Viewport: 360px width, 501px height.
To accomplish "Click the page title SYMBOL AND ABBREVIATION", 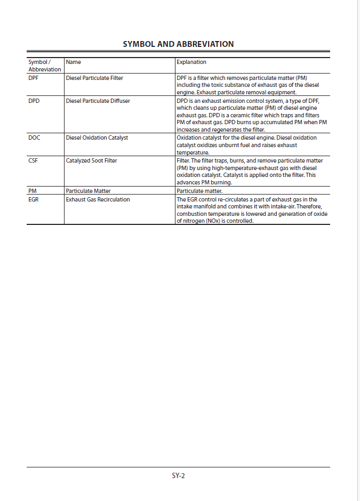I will point(178,44).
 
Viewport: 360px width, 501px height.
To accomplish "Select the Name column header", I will point(74,62).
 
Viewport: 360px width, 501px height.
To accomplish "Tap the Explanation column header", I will point(191,62).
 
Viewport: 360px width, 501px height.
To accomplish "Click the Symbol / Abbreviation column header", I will point(44,66).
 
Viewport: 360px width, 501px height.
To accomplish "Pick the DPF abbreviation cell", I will point(34,78).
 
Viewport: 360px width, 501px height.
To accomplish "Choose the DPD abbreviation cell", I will point(34,101).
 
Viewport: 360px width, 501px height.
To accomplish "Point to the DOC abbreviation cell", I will point(34,138).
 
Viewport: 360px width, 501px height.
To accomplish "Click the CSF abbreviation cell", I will point(33,160).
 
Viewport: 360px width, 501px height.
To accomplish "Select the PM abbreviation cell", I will point(33,190).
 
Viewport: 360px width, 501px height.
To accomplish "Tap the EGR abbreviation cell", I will point(34,200).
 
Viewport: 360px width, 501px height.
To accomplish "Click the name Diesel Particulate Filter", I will point(94,78).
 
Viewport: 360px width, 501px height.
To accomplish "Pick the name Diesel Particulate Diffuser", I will point(98,101).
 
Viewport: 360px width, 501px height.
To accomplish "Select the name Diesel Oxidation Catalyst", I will point(97,138).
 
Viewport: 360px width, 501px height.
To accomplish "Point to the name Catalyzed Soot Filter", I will point(91,160).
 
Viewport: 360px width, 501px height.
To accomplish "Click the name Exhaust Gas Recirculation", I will point(98,200).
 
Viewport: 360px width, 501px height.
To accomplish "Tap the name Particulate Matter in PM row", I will point(88,190).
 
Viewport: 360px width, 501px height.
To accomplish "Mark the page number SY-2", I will point(178,475).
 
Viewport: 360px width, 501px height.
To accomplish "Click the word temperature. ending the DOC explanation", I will point(193,152).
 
